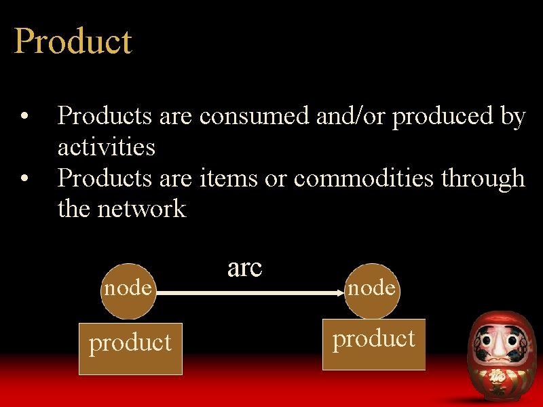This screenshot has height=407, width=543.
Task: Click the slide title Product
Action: point(73,42)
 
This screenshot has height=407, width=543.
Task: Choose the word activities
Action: point(107,147)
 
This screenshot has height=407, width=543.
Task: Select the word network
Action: point(141,208)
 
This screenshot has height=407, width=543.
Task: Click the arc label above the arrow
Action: point(244,268)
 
